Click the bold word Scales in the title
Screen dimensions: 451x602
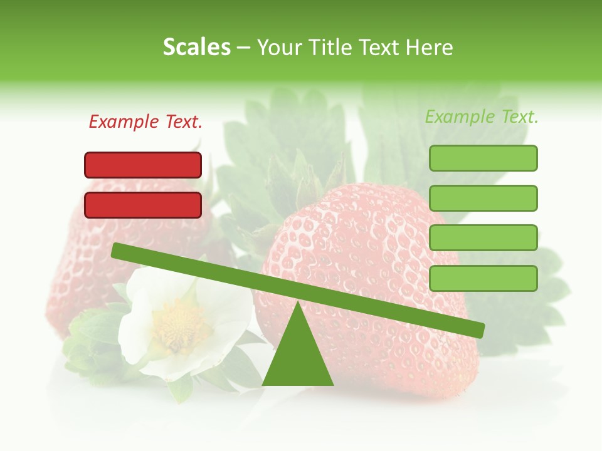coord(196,47)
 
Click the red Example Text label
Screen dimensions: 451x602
coord(145,122)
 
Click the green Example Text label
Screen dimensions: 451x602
coord(482,117)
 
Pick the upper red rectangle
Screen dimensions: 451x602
coord(143,165)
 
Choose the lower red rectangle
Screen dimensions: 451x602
coord(143,205)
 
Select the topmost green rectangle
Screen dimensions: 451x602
coord(483,158)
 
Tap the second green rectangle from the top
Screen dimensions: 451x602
coord(483,198)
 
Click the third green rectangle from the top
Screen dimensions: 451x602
coord(483,238)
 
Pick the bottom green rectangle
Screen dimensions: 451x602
coord(483,278)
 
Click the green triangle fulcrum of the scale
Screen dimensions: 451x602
coord(298,357)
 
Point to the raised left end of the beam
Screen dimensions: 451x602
coord(117,251)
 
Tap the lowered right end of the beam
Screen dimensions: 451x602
coord(479,329)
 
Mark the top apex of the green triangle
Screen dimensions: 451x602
coord(298,303)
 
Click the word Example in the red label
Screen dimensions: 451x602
coord(124,122)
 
